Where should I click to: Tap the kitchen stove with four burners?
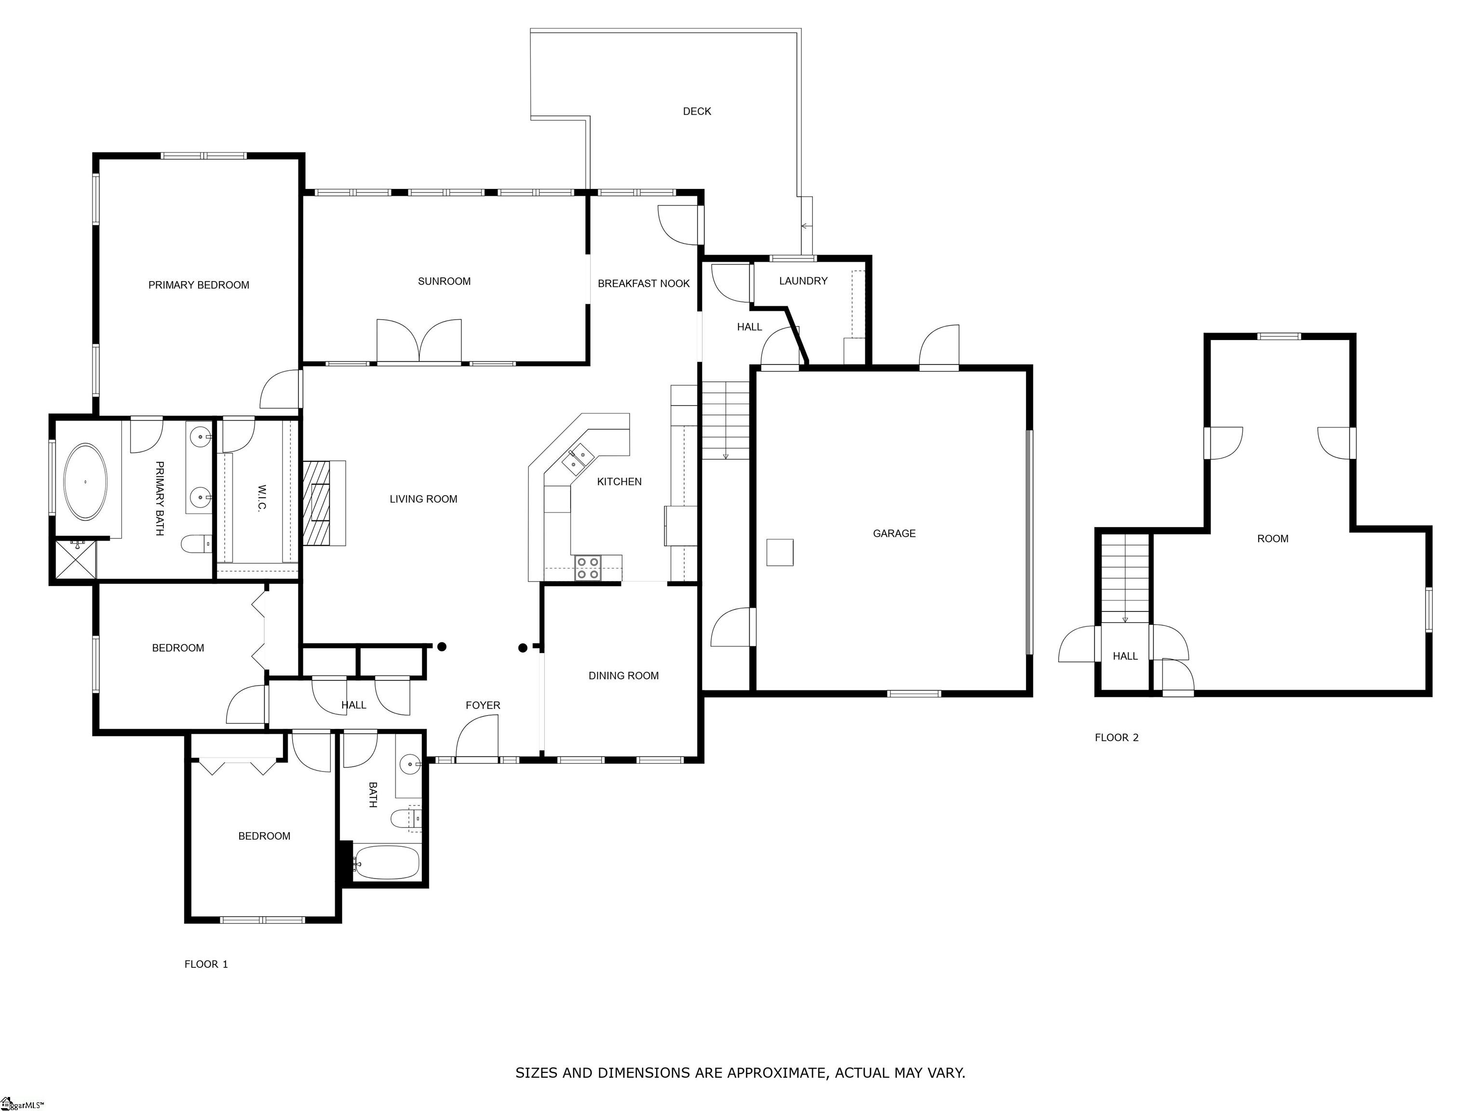click(x=588, y=568)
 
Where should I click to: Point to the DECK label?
click(x=696, y=111)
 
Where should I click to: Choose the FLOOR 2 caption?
click(x=1116, y=737)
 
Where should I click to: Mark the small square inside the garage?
click(x=780, y=553)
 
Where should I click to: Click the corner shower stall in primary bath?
click(x=75, y=560)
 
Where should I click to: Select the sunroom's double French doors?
click(x=419, y=341)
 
